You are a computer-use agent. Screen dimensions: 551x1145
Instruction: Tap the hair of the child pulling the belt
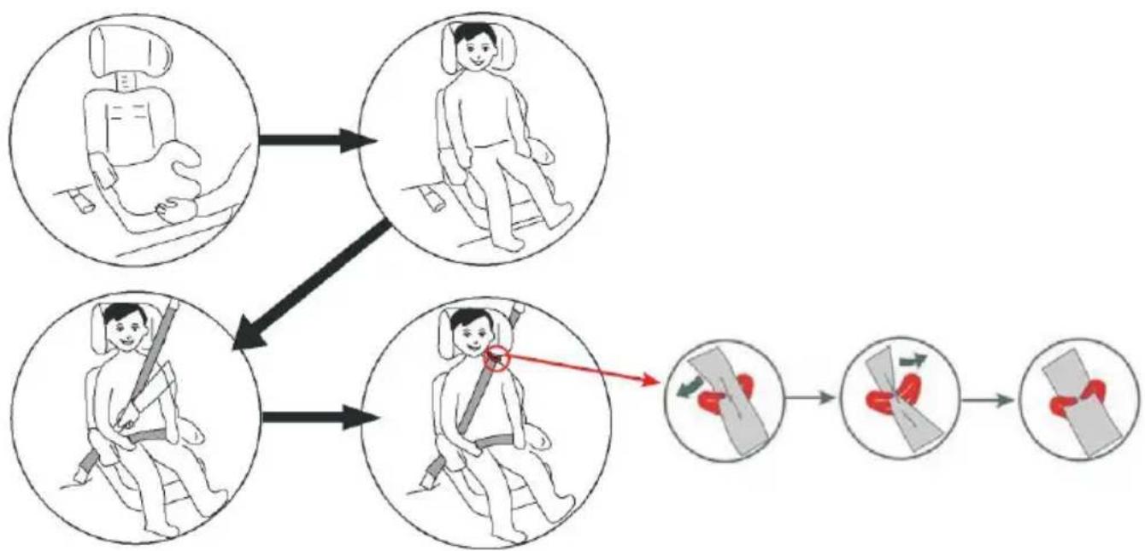[x=119, y=314]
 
